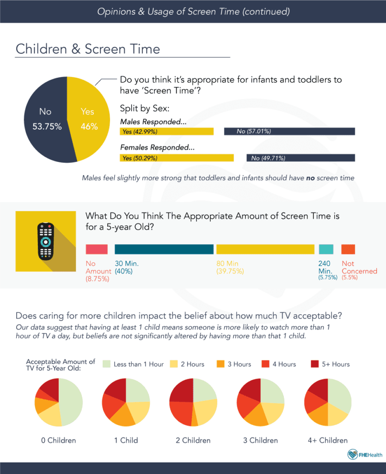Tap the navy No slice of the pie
point(45,119)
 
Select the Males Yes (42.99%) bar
point(166,131)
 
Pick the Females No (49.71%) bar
point(300,158)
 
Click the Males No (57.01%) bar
point(289,131)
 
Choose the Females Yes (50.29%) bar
point(177,158)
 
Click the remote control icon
point(46,241)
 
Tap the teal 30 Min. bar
point(164,249)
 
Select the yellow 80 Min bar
point(265,249)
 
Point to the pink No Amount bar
point(97,249)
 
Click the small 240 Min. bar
point(326,249)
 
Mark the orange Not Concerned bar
point(348,249)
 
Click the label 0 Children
point(59,440)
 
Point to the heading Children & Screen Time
point(88,49)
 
